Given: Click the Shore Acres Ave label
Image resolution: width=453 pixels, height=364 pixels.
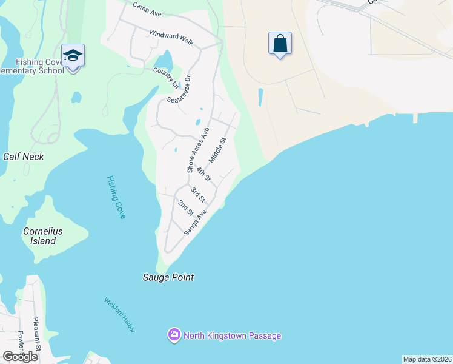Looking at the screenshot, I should tap(198, 150).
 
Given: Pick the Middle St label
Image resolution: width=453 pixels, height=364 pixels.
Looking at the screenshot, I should tap(217, 149).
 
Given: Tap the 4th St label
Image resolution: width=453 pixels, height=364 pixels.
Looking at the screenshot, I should tap(203, 174).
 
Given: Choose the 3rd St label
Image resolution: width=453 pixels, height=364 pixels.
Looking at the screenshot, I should tap(198, 195).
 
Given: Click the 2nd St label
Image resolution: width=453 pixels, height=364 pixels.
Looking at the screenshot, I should tap(185, 207).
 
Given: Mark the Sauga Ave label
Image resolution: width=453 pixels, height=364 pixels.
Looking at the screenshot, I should tap(196, 222).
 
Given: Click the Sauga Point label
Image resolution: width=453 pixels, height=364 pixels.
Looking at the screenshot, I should tap(168, 277).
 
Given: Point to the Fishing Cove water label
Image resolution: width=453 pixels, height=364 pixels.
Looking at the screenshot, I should tap(116, 197).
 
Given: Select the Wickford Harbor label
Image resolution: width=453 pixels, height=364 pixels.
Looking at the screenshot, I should tap(119, 315).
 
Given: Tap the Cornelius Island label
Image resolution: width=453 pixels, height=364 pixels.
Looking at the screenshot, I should tap(43, 236).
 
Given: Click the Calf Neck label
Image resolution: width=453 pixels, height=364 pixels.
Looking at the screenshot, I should tap(24, 156).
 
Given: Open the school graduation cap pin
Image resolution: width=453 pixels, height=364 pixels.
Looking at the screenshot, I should tap(73, 56).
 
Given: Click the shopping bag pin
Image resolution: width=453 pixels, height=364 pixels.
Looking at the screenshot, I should tap(280, 44).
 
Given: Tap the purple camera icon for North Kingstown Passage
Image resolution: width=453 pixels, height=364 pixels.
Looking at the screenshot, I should tap(174, 335).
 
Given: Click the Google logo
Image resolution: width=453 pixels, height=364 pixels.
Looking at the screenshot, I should tap(21, 357).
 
